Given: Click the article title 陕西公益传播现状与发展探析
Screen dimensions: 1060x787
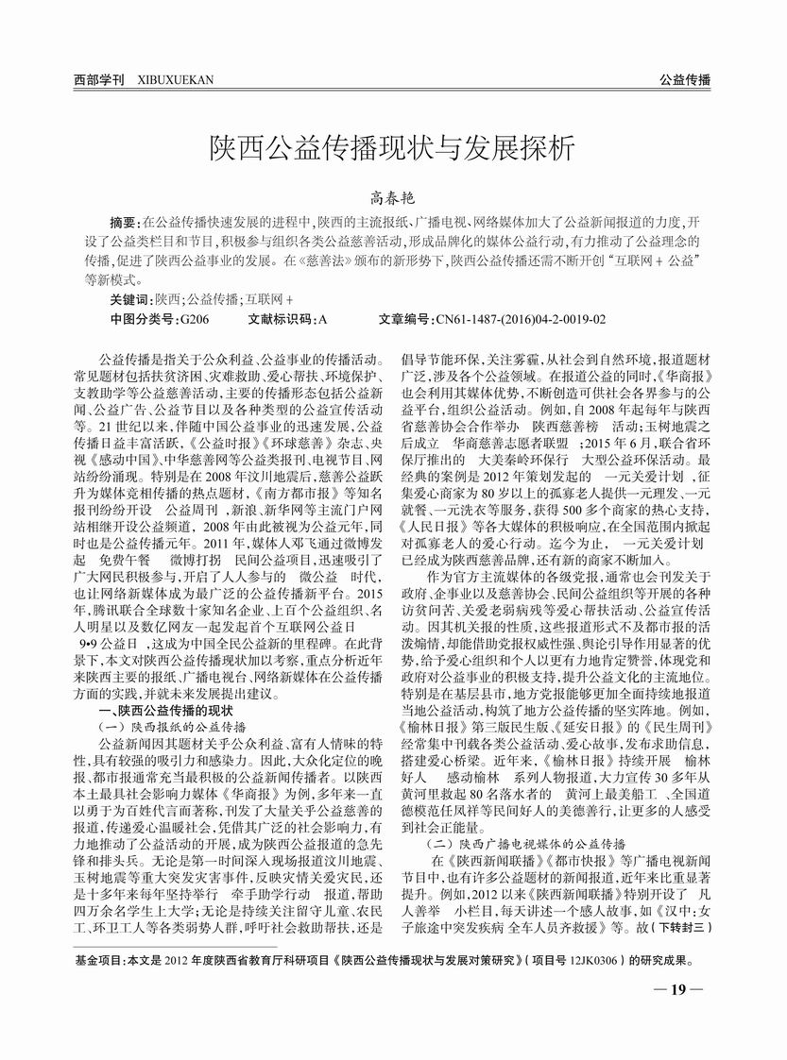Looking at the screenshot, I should coord(392,148).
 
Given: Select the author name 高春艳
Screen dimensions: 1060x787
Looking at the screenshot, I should coord(392,196).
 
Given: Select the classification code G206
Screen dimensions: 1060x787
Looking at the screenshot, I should coord(194,320).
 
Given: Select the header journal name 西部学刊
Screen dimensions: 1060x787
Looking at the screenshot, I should coord(99,79).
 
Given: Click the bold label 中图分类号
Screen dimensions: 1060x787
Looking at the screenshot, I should coord(143,320).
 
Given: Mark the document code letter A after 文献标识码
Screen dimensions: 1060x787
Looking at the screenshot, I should coord(322,320).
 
